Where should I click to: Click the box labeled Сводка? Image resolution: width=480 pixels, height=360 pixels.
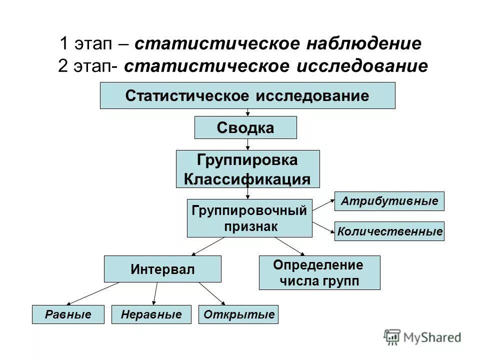pyautogui.click(x=245, y=127)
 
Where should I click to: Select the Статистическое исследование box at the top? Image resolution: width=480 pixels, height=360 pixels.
pyautogui.click(x=247, y=95)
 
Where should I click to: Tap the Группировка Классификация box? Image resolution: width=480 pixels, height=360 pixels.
pyautogui.click(x=247, y=169)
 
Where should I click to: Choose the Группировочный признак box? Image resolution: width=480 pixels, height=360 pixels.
pyautogui.click(x=249, y=218)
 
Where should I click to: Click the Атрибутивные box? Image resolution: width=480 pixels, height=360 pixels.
pyautogui.click(x=389, y=201)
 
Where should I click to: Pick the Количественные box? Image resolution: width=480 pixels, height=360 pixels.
pyautogui.click(x=389, y=231)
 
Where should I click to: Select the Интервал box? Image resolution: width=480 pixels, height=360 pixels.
pyautogui.click(x=162, y=269)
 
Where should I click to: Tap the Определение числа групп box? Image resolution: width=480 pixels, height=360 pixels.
pyautogui.click(x=319, y=272)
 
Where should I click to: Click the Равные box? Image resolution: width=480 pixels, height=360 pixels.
pyautogui.click(x=68, y=314)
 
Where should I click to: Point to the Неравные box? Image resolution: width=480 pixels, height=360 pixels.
pyautogui.click(x=151, y=314)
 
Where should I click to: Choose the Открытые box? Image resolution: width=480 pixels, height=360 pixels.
pyautogui.click(x=238, y=314)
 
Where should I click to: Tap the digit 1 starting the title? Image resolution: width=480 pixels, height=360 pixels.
pyautogui.click(x=63, y=43)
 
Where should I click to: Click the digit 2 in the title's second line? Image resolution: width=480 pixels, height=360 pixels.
pyautogui.click(x=62, y=66)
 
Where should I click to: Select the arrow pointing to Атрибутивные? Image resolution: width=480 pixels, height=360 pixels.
pyautogui.click(x=323, y=205)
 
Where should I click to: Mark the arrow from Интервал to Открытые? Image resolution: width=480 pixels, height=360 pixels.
pyautogui.click(x=212, y=293)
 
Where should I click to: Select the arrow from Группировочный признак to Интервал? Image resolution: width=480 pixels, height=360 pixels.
pyautogui.click(x=208, y=246)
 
